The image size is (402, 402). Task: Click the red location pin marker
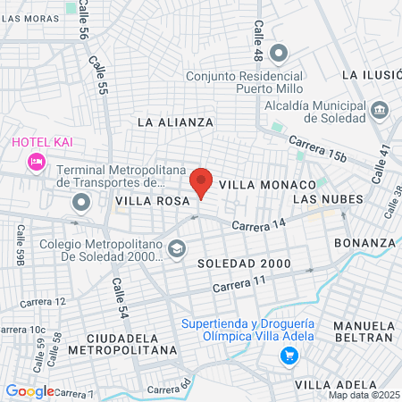point(201,181)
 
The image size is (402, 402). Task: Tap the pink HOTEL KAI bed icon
point(36,162)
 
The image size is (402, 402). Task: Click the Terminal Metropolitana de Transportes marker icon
point(81,204)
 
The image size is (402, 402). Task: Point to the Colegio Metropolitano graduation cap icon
point(177,247)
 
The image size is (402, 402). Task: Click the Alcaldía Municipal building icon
point(381,110)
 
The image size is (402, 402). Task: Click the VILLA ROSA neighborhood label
point(148,202)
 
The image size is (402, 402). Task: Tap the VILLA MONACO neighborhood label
point(268,183)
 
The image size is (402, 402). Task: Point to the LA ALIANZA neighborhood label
point(176,121)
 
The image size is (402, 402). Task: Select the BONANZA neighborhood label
point(364,242)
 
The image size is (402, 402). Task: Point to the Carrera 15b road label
point(316,149)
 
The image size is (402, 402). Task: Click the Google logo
point(29,391)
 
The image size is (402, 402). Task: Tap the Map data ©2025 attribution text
point(364,395)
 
